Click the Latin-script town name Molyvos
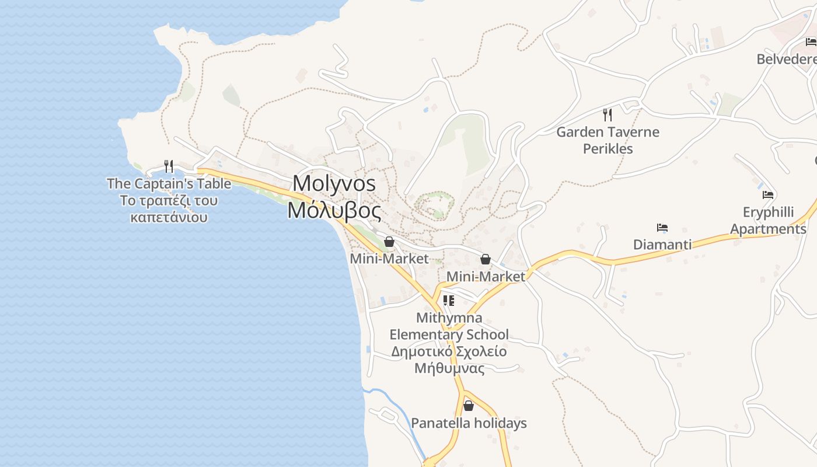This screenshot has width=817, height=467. [x=334, y=183]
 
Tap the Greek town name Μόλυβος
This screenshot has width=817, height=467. [x=334, y=210]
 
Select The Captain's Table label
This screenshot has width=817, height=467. [x=169, y=184]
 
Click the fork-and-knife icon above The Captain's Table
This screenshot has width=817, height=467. [x=169, y=166]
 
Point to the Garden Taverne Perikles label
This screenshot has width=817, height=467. [x=607, y=140]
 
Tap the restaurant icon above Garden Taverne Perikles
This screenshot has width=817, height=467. [x=607, y=114]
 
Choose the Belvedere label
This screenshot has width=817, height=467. [x=786, y=60]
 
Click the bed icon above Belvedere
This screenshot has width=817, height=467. [x=811, y=41]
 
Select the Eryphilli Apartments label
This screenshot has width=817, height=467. [x=768, y=221]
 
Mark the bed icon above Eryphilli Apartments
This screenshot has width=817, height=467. [x=768, y=195]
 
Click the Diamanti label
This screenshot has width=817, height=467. [x=662, y=245]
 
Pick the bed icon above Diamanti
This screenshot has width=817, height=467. [x=662, y=228]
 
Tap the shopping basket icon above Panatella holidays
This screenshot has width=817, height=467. [x=469, y=406]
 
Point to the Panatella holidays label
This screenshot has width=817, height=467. [x=469, y=423]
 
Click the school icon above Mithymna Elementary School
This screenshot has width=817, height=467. [x=449, y=301]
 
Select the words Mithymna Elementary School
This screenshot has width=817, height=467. [x=449, y=326]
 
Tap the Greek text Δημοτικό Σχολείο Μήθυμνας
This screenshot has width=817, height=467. [x=449, y=360]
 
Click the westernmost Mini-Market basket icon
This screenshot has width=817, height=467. [x=389, y=242]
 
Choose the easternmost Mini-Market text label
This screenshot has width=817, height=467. [x=486, y=277]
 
